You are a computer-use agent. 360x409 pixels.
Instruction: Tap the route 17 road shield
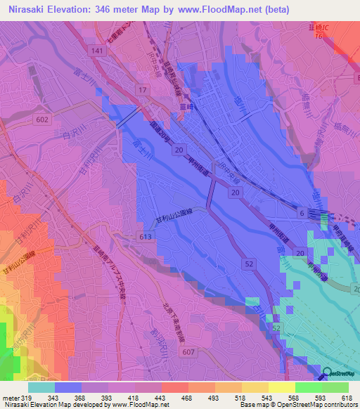pos(142,91)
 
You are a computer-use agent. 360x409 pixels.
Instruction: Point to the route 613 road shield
pos(146,238)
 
